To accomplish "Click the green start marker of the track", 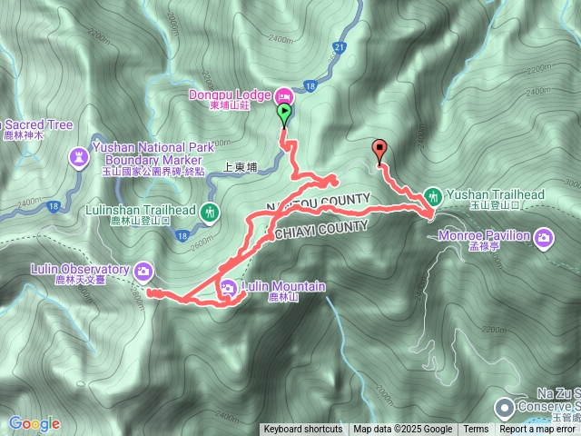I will (x=284, y=114).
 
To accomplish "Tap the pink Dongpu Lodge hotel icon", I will (x=282, y=94).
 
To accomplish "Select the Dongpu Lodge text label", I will (x=230, y=94).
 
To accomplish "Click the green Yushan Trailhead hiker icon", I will (x=434, y=194).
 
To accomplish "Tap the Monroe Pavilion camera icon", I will (x=543, y=237).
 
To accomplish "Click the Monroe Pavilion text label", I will (x=487, y=236).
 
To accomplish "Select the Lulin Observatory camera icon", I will (x=143, y=270).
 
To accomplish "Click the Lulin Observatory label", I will (x=68, y=269).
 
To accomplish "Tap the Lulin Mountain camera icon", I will (x=228, y=288).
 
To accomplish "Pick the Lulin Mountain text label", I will (x=283, y=287).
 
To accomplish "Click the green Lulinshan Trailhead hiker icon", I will (x=211, y=212).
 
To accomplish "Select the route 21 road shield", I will (x=340, y=46).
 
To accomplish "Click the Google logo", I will (x=34, y=423).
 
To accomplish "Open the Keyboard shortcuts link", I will (x=303, y=430).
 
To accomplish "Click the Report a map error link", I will (x=538, y=430).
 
